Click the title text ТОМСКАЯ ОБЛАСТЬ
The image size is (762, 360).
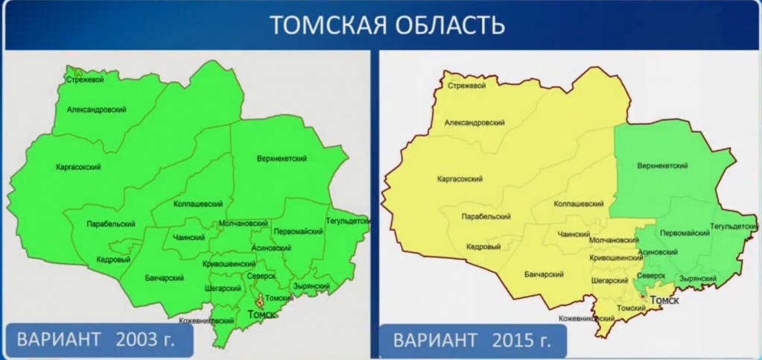pos(387,25)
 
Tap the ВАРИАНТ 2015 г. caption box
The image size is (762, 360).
pos(472,341)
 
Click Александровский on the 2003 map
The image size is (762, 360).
pos(96,110)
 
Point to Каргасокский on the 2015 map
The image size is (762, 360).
pos(459,179)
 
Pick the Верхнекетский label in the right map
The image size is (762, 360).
pos(662,166)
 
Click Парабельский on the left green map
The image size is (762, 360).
pos(110,224)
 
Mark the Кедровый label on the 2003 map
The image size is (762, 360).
pos(113,259)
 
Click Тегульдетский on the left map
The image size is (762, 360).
pos(348,221)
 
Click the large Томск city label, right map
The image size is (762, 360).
pos(666,300)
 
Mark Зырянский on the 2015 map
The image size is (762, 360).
pos(697,279)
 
